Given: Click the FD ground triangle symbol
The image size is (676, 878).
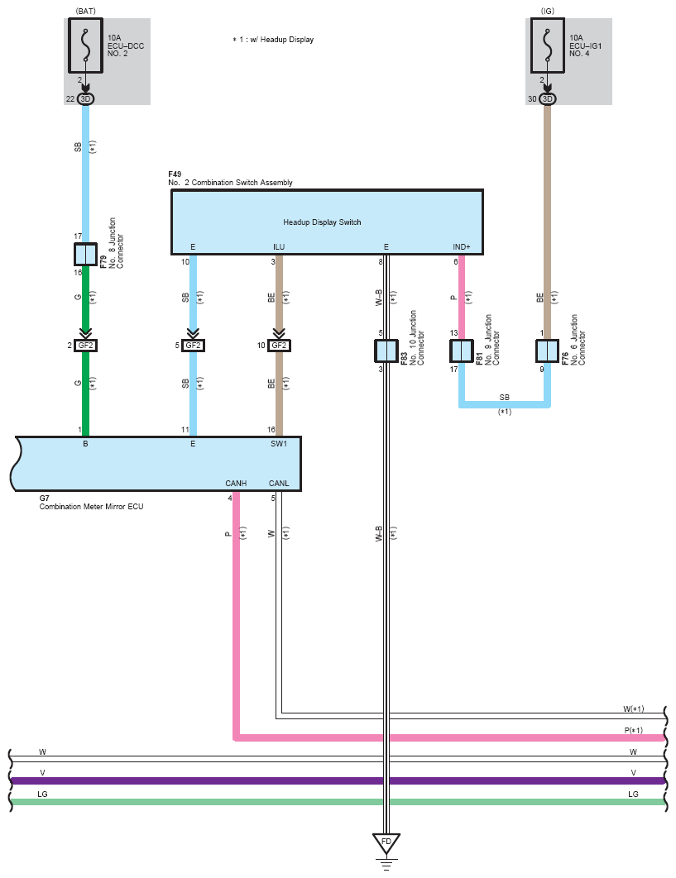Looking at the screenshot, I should pyautogui.click(x=386, y=843).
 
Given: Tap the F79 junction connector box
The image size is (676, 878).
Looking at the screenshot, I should pyautogui.click(x=85, y=255).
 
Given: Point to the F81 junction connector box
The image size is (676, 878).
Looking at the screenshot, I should pyautogui.click(x=461, y=351).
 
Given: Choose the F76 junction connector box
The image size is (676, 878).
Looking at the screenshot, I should pyautogui.click(x=547, y=351).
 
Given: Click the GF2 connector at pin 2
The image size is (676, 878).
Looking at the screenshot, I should pyautogui.click(x=85, y=346).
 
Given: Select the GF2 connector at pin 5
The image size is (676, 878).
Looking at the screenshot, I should pyautogui.click(x=193, y=346).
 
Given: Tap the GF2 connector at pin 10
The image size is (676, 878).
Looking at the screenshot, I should pyautogui.click(x=280, y=346).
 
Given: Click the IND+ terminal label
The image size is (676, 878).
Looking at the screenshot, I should pyautogui.click(x=462, y=246).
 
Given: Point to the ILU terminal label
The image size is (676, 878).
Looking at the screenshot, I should pyautogui.click(x=280, y=246).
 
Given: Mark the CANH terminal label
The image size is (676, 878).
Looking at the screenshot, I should pyautogui.click(x=236, y=484).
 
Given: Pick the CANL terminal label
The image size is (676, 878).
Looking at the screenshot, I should pyautogui.click(x=279, y=484).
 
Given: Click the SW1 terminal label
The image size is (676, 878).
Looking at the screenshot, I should pyautogui.click(x=280, y=444).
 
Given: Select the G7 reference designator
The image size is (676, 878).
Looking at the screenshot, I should pyautogui.click(x=45, y=498).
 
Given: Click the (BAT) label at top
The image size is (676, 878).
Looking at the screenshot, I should pyautogui.click(x=85, y=11).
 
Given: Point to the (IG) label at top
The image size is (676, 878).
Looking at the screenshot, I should pyautogui.click(x=547, y=11).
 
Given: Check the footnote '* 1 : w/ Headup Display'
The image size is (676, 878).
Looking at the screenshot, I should pyautogui.click(x=273, y=39).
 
